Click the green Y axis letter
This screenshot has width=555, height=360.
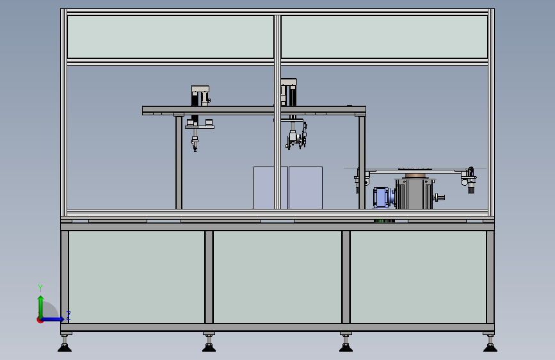pos(40,288)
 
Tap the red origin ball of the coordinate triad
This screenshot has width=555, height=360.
pos(40,320)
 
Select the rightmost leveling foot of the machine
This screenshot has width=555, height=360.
pos(490,347)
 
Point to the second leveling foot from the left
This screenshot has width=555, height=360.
pos(209,347)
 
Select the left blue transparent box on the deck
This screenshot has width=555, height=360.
pos(270,188)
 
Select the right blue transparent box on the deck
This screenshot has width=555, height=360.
pos(305,188)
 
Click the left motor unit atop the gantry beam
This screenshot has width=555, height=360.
pos(200,96)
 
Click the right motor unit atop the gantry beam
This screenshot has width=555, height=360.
pos(289,92)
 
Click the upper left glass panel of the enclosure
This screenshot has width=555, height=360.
pos(170,37)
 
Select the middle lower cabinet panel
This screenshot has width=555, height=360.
pos(277,277)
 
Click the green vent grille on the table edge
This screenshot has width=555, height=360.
pos(384,221)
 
